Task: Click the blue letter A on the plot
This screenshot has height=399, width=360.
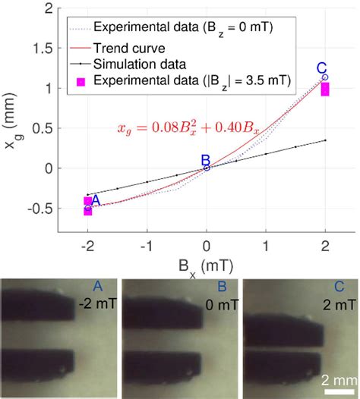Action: coord(96,199)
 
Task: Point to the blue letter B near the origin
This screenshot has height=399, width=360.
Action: coord(204,159)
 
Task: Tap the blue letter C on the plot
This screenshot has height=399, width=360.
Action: coord(321,68)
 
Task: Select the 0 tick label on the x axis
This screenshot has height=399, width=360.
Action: coord(207,247)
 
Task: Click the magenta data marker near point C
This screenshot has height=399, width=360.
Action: coord(326,89)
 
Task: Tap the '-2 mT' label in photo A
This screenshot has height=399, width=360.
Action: coord(96,304)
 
